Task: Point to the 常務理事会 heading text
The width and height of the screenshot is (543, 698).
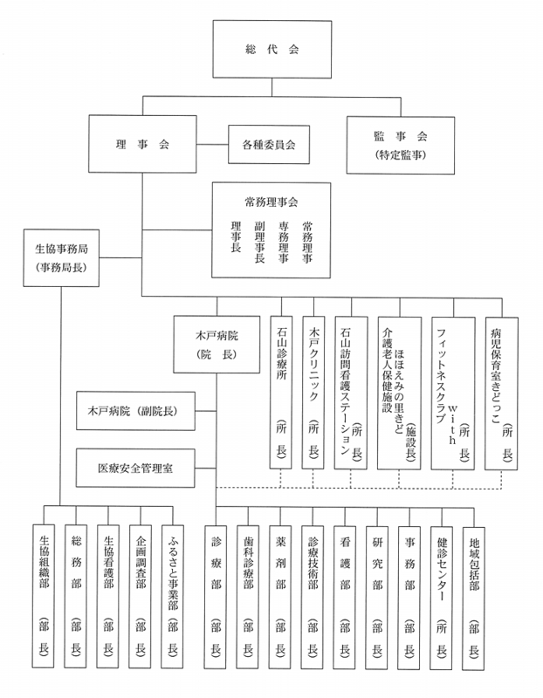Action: (x=271, y=202)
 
